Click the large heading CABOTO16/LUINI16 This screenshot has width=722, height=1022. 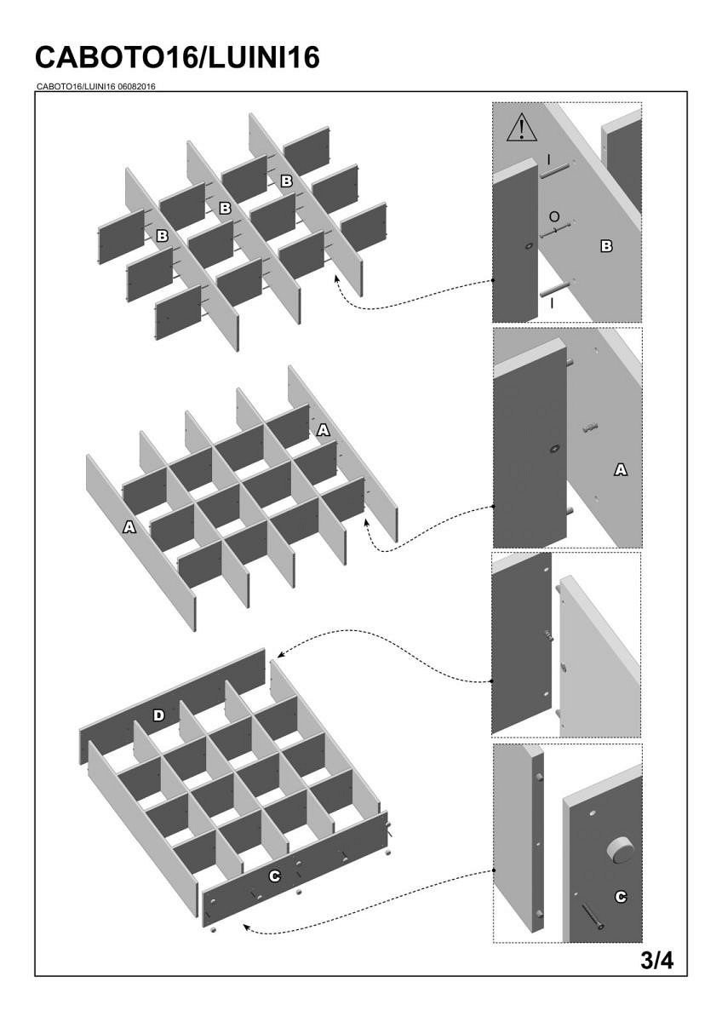178,57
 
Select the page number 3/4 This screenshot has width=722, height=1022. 656,961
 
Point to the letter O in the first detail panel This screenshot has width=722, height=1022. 554,215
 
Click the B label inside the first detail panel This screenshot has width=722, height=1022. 606,246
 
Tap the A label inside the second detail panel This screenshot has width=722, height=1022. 621,469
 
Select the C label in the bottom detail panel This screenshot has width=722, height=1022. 621,896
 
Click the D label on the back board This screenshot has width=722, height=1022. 158,715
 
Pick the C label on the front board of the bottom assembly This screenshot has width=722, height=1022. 275,876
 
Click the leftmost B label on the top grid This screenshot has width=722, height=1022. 162,234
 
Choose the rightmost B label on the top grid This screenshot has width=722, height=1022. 287,181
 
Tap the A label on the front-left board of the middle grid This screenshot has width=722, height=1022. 129,527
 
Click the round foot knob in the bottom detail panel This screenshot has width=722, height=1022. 618,850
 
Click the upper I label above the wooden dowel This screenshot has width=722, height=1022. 549,159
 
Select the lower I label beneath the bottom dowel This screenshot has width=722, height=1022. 553,302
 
